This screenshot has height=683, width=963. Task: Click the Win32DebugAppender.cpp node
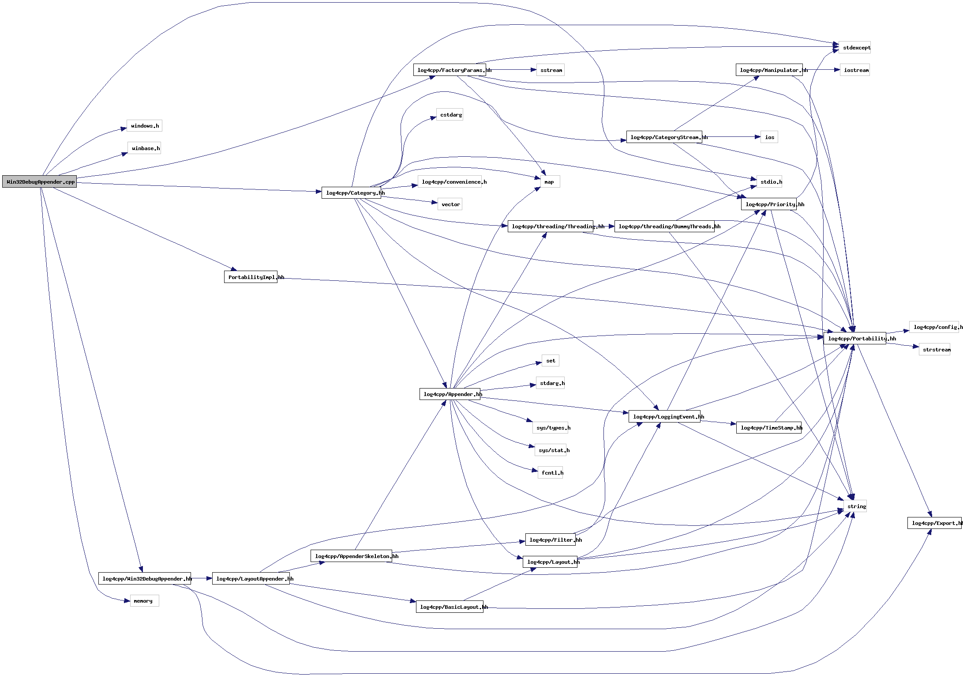(x=39, y=181)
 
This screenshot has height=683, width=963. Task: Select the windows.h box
(x=144, y=126)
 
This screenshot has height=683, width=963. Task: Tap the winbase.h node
(x=144, y=148)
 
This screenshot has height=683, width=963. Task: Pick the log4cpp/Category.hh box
(x=351, y=193)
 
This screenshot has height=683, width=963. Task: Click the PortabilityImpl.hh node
(x=251, y=277)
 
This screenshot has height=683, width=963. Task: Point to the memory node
(x=144, y=601)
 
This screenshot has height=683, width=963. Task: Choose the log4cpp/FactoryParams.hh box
(x=450, y=70)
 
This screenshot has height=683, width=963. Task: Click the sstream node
(x=551, y=70)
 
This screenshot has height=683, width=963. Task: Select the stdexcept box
(x=855, y=48)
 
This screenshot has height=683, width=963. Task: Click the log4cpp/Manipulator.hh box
(x=769, y=70)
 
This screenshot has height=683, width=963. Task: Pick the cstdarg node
(x=450, y=115)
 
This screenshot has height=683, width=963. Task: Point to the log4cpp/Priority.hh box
(x=769, y=204)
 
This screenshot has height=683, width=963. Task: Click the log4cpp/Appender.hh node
(x=450, y=394)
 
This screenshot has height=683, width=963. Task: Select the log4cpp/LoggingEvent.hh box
(x=664, y=417)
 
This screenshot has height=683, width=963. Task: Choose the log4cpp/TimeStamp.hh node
(x=769, y=428)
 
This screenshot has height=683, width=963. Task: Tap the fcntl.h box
(x=551, y=473)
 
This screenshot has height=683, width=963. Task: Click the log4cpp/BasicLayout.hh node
(x=450, y=607)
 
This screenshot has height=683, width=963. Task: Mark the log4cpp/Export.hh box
(x=934, y=523)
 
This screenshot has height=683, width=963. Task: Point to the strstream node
(x=935, y=350)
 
